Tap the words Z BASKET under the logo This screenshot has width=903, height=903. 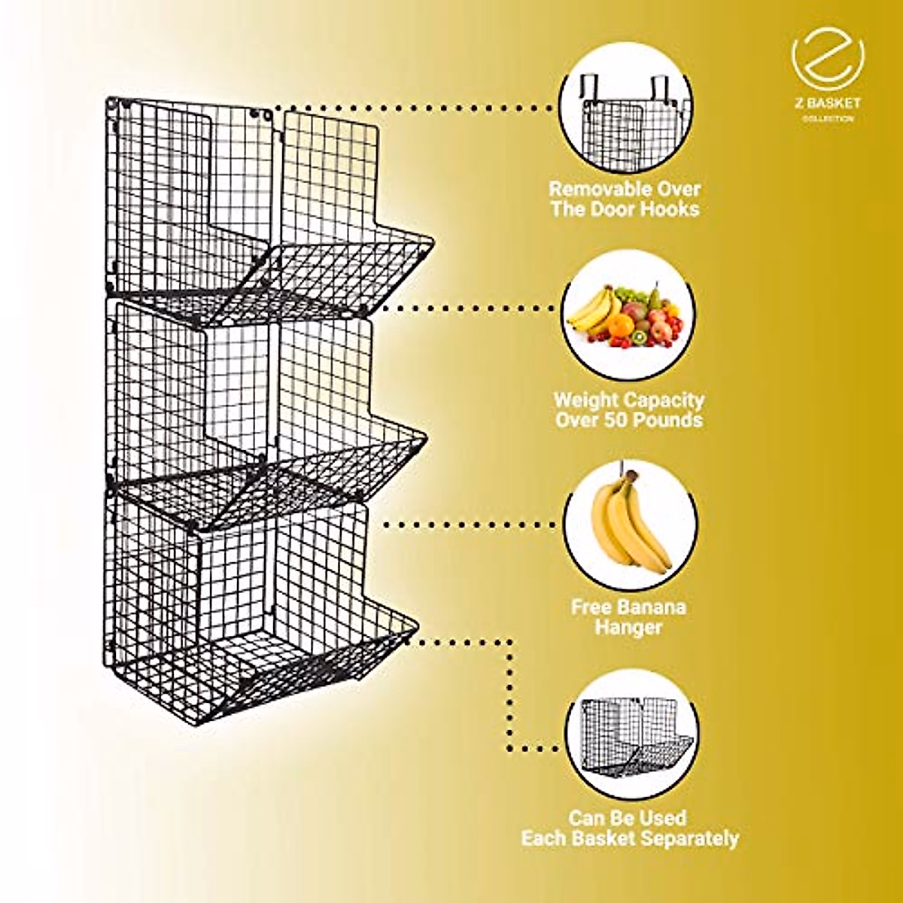pyautogui.click(x=828, y=103)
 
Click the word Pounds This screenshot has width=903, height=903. pyautogui.click(x=667, y=420)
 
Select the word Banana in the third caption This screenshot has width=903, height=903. pyautogui.click(x=654, y=607)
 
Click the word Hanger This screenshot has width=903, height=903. pyautogui.click(x=628, y=627)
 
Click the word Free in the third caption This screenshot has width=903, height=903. pyautogui.click(x=592, y=607)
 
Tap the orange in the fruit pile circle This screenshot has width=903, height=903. pyautogui.click(x=621, y=325)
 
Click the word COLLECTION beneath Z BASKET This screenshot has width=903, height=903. pyautogui.click(x=828, y=119)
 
